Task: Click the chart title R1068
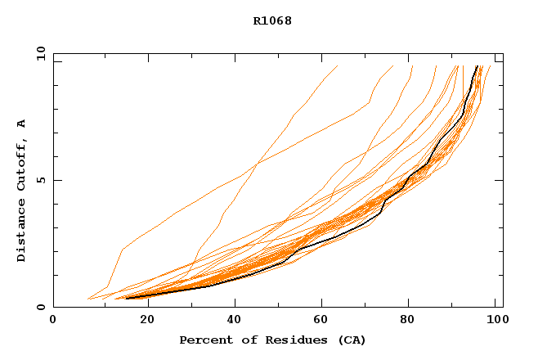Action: pos(271,20)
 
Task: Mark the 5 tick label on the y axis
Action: pos(41,180)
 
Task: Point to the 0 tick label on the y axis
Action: pos(41,307)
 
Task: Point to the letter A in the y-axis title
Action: pos(22,124)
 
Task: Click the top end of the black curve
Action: pos(478,66)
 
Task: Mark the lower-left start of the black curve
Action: pos(126,298)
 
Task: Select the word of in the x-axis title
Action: pos(243,340)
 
